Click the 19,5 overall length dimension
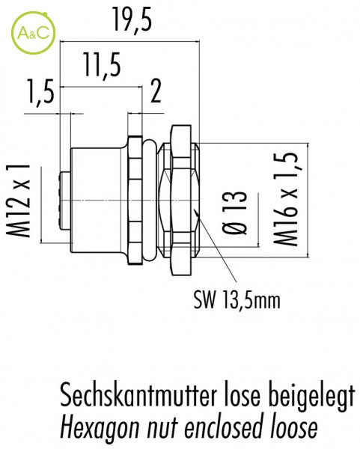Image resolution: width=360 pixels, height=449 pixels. (x=132, y=19)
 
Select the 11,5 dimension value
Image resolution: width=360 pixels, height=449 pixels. (x=102, y=65)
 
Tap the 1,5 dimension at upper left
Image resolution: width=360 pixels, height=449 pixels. (x=40, y=91)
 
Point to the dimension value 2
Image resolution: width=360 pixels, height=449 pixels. (x=156, y=91)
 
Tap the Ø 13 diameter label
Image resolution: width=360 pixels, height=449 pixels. (x=234, y=213)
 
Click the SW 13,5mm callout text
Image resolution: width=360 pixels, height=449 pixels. (x=237, y=300)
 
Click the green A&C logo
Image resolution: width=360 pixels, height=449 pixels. (x=33, y=33)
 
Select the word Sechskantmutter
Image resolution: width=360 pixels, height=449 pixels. (x=138, y=396)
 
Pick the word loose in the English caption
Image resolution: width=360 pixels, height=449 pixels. (x=294, y=427)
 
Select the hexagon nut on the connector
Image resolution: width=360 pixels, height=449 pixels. (x=181, y=200)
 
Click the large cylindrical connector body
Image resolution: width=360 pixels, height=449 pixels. (x=98, y=200)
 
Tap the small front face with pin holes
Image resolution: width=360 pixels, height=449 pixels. (x=64, y=200)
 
